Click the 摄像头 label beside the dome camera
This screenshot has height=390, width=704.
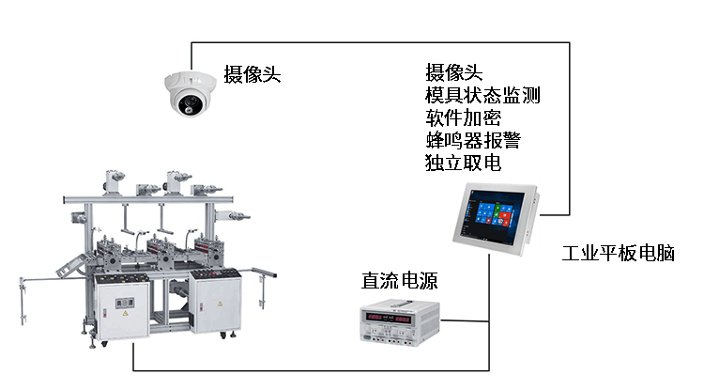[252, 74]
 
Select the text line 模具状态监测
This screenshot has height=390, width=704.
[482, 95]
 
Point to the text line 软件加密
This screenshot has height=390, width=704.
[463, 117]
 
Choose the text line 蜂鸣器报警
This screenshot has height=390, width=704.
[472, 140]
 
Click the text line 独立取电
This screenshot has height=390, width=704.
[463, 163]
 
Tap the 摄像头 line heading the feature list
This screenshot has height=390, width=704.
[453, 72]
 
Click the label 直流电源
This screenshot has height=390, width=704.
[400, 280]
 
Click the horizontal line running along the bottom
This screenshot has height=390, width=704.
[310, 369]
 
